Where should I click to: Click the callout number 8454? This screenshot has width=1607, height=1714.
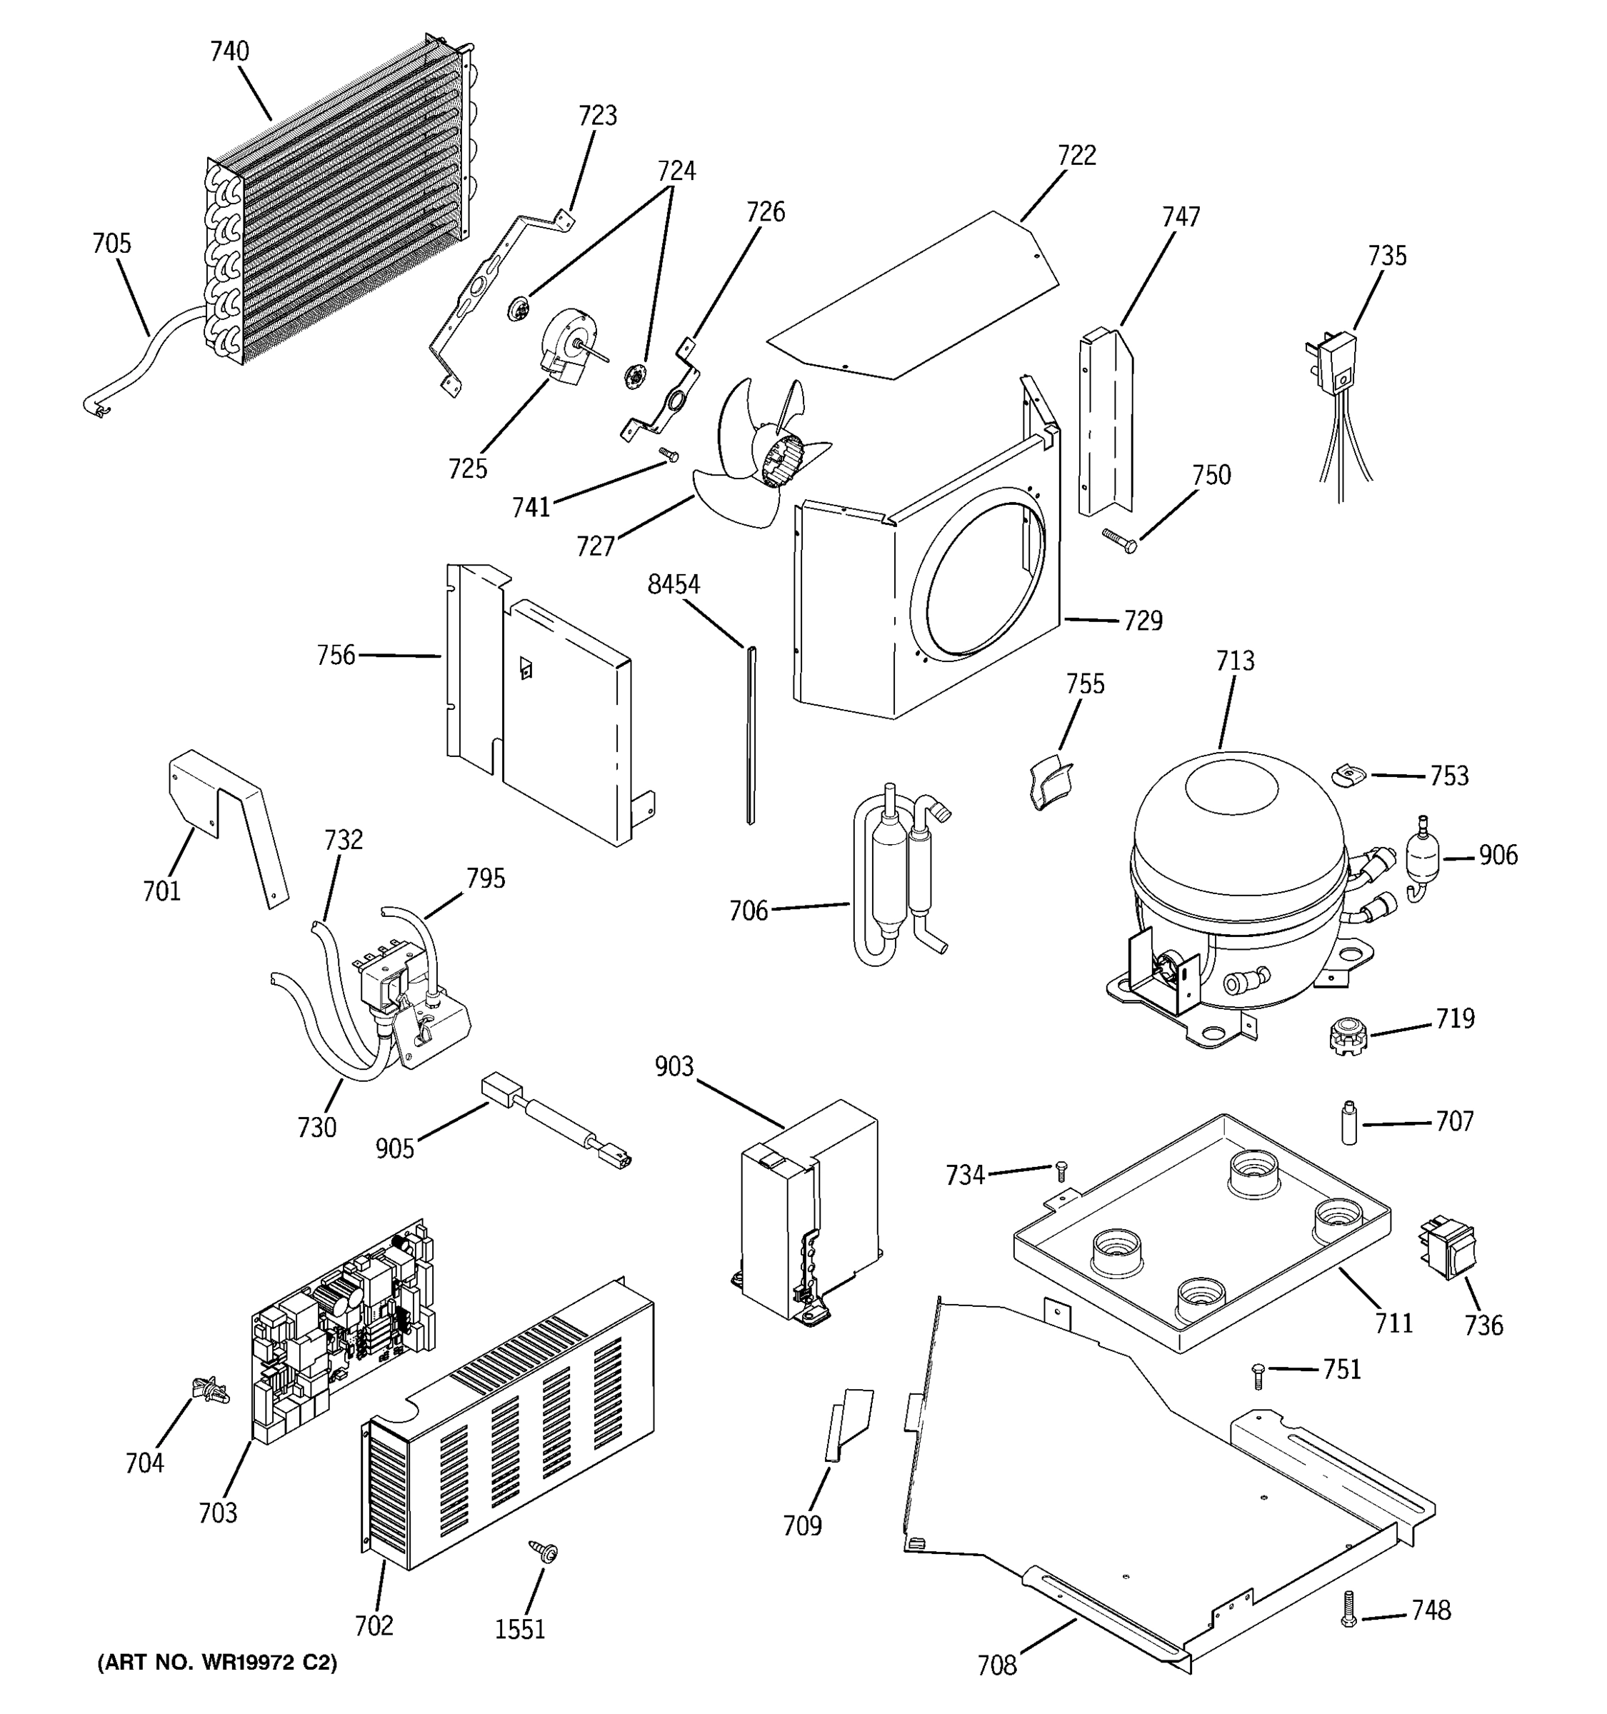point(674,586)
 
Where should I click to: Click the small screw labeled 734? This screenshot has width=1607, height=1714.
point(1061,1170)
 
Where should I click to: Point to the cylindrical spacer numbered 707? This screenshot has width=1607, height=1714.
point(1349,1123)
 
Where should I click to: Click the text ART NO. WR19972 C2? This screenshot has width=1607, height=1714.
point(216,1663)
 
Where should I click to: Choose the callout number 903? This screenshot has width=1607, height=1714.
point(674,1068)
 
